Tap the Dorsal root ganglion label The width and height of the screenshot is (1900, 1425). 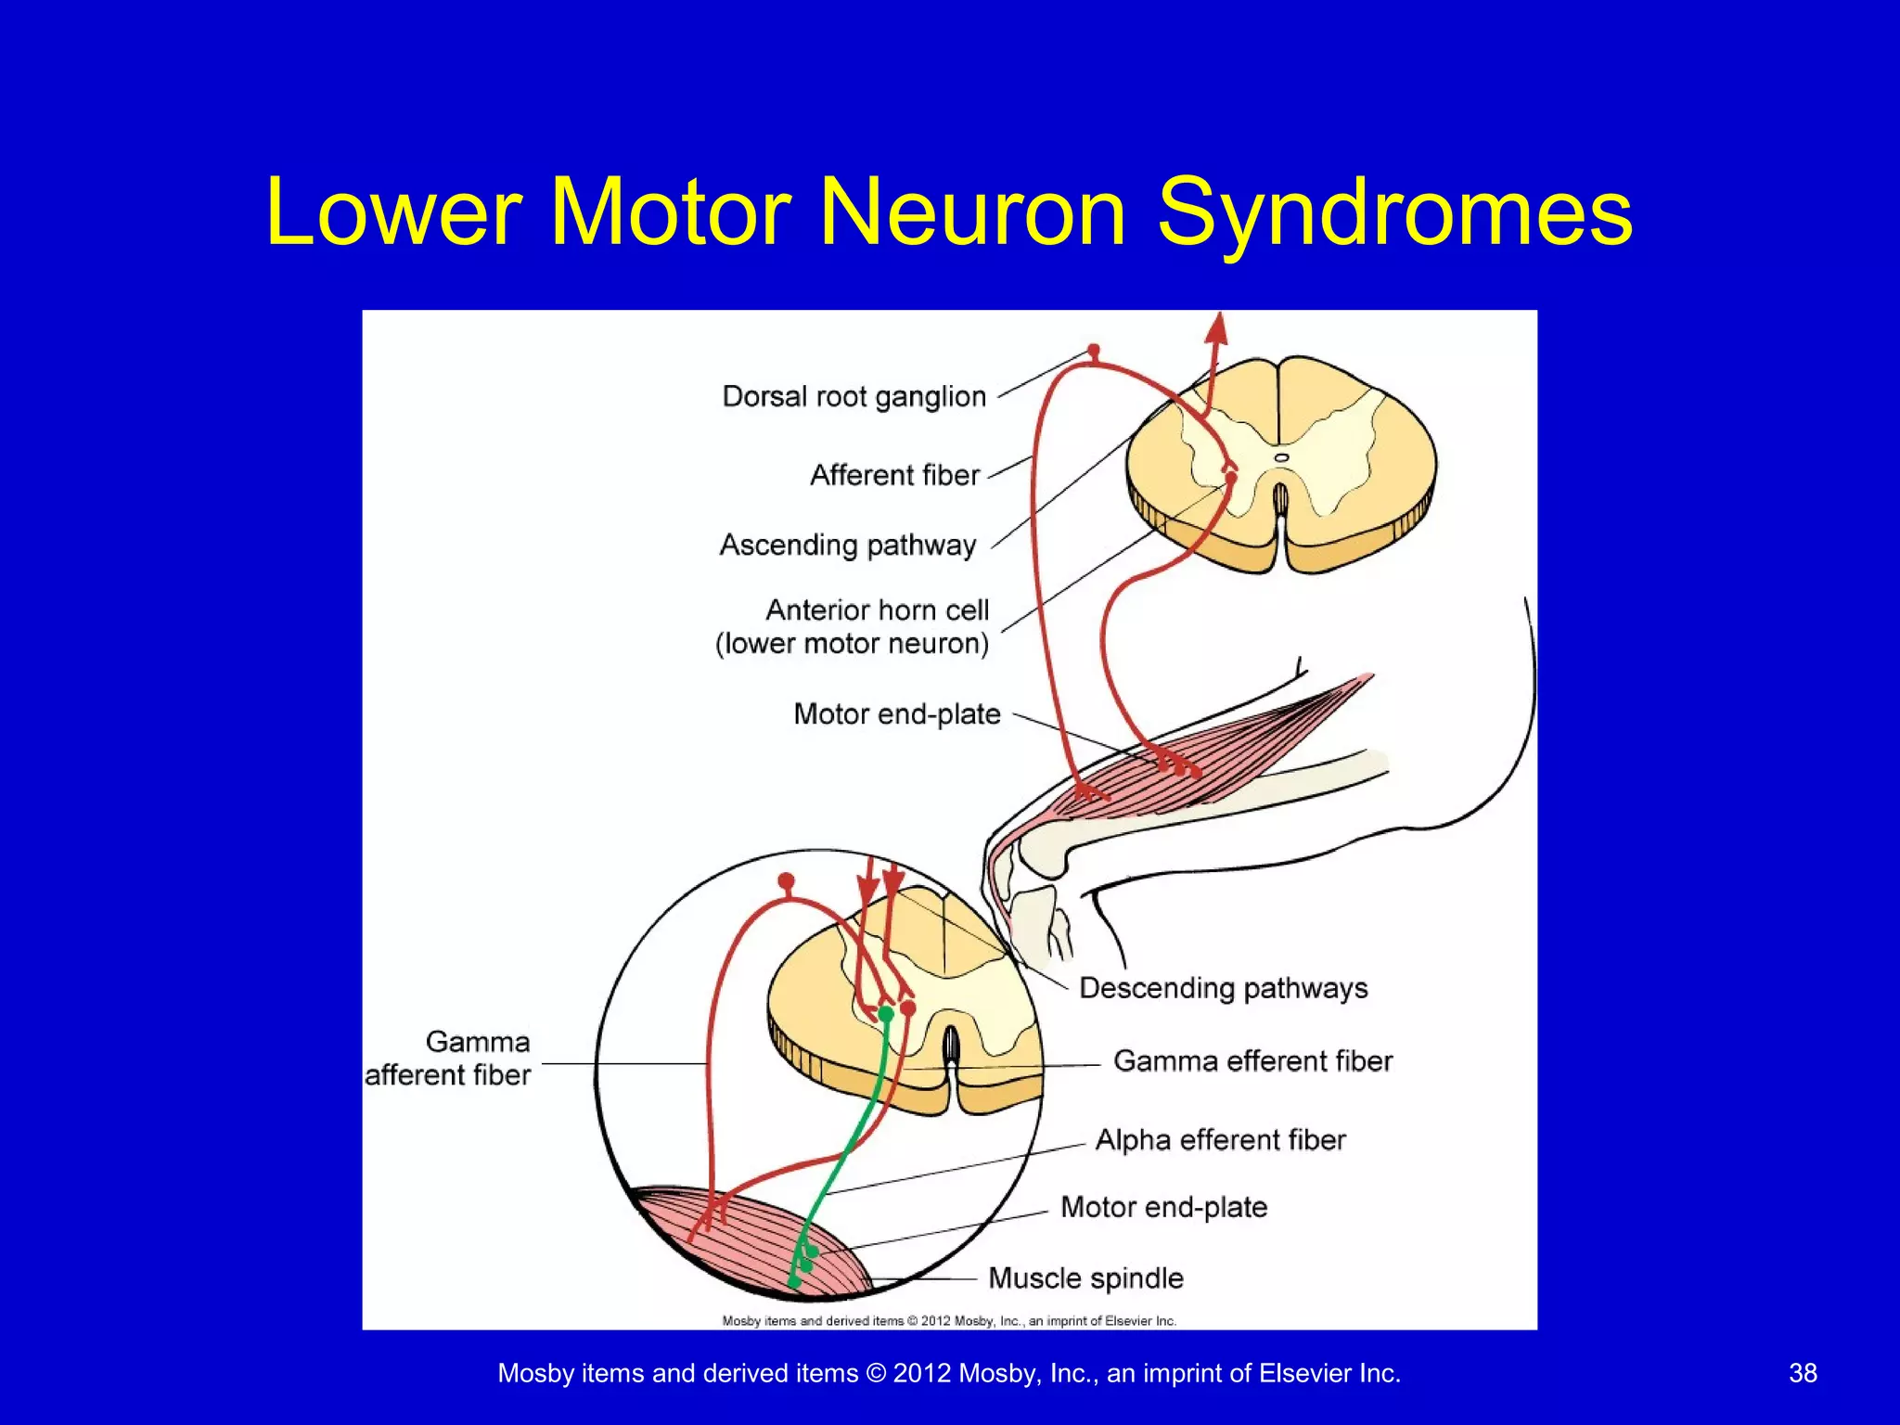854,396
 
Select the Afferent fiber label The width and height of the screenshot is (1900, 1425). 894,475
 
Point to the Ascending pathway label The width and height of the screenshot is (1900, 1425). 848,545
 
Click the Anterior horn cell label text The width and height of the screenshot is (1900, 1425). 876,610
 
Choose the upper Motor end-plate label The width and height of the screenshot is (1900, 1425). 896,713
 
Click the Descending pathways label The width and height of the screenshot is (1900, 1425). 1223,988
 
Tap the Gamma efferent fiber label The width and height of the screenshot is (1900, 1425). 1252,1060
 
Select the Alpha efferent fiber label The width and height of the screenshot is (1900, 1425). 1220,1139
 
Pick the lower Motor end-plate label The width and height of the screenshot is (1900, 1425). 1163,1207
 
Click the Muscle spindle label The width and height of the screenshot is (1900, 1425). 1085,1277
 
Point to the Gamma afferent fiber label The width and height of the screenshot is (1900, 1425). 448,1058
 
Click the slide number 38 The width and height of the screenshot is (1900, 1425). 1802,1373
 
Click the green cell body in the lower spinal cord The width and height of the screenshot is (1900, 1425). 886,1014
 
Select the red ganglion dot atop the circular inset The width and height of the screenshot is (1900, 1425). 786,879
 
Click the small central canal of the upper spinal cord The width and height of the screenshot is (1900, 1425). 1281,457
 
